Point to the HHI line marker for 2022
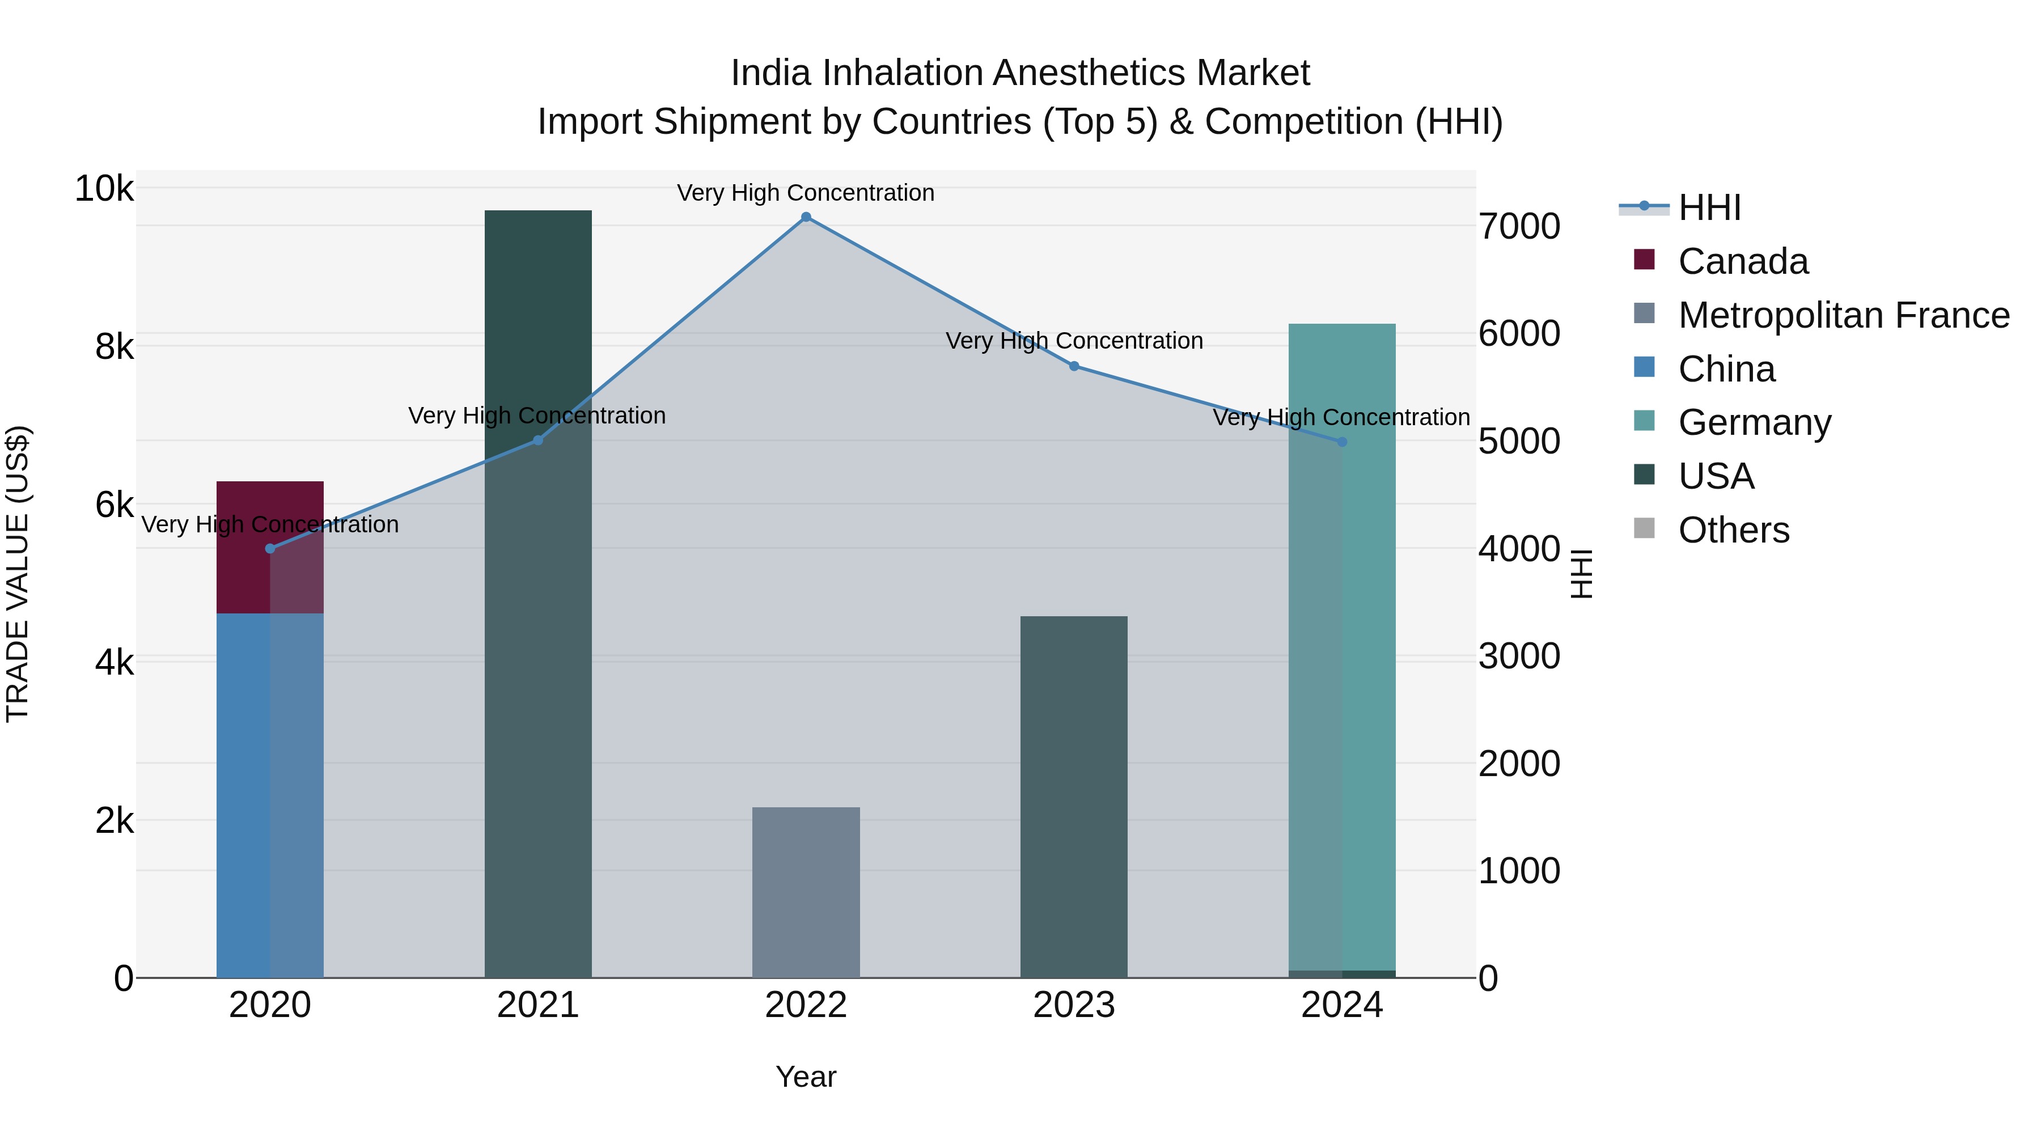(x=806, y=217)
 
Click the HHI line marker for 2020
(x=270, y=548)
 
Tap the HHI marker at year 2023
(x=1074, y=366)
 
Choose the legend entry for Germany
(x=1754, y=422)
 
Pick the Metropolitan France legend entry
(x=1843, y=315)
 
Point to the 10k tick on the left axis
(x=104, y=189)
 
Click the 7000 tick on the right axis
(x=1519, y=227)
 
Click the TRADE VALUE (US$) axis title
(x=18, y=574)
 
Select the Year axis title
(x=806, y=1077)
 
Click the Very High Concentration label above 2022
(x=806, y=193)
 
